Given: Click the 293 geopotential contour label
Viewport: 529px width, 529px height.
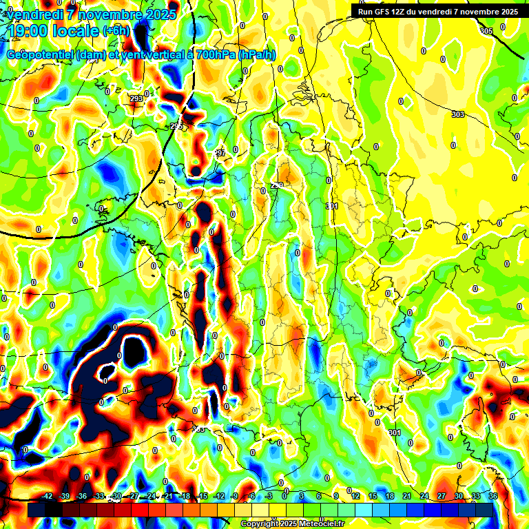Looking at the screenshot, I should coord(136,98).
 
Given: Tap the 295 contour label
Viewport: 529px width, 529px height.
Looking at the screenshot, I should coord(177,126).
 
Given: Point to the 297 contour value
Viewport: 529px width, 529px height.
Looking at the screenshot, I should coord(220,153).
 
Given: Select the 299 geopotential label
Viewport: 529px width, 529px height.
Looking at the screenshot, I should coord(277,185).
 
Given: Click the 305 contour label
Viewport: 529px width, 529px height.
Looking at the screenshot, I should coord(486,32).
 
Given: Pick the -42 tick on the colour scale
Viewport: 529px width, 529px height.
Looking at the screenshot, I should coord(48,496).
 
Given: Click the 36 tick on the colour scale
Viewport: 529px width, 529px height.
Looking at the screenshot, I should coord(492,496).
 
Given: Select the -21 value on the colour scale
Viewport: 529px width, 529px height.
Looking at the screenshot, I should coord(167,496).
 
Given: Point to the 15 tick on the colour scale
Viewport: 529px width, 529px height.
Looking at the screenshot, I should coord(372,496).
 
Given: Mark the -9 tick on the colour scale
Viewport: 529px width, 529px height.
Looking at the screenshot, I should coord(234,496).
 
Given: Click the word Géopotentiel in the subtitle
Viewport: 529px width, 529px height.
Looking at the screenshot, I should coord(40,55).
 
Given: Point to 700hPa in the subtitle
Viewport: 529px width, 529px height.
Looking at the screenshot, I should coord(216,55).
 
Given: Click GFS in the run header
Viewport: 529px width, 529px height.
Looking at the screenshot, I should coord(383,11).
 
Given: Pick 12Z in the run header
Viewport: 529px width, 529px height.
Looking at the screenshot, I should coord(402,11).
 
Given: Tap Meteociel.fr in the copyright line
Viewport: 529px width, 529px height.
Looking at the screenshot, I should coord(317,524).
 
